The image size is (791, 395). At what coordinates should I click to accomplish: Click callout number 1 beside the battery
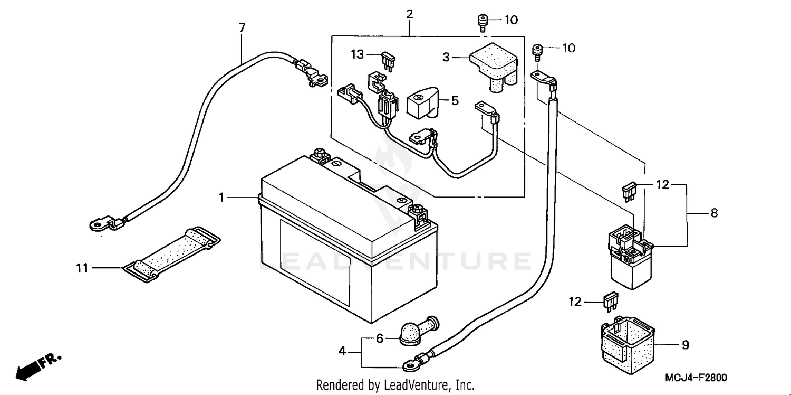tap(222, 197)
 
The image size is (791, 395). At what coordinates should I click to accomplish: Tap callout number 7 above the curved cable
tap(242, 27)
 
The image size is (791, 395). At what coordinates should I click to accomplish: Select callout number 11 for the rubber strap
tap(82, 268)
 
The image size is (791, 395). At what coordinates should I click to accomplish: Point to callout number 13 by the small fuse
tap(358, 54)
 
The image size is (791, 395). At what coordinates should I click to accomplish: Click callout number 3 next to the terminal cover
tap(446, 57)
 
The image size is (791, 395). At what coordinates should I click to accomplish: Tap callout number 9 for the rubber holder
tap(685, 345)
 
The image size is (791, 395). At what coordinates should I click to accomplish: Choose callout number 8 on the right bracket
tap(714, 213)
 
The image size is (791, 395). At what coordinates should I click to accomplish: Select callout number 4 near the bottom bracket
tap(342, 350)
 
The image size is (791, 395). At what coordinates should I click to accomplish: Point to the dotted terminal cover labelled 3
tap(493, 66)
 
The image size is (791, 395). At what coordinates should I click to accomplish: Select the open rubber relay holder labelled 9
tap(628, 342)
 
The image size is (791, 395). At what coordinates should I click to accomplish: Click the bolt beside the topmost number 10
tap(481, 22)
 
